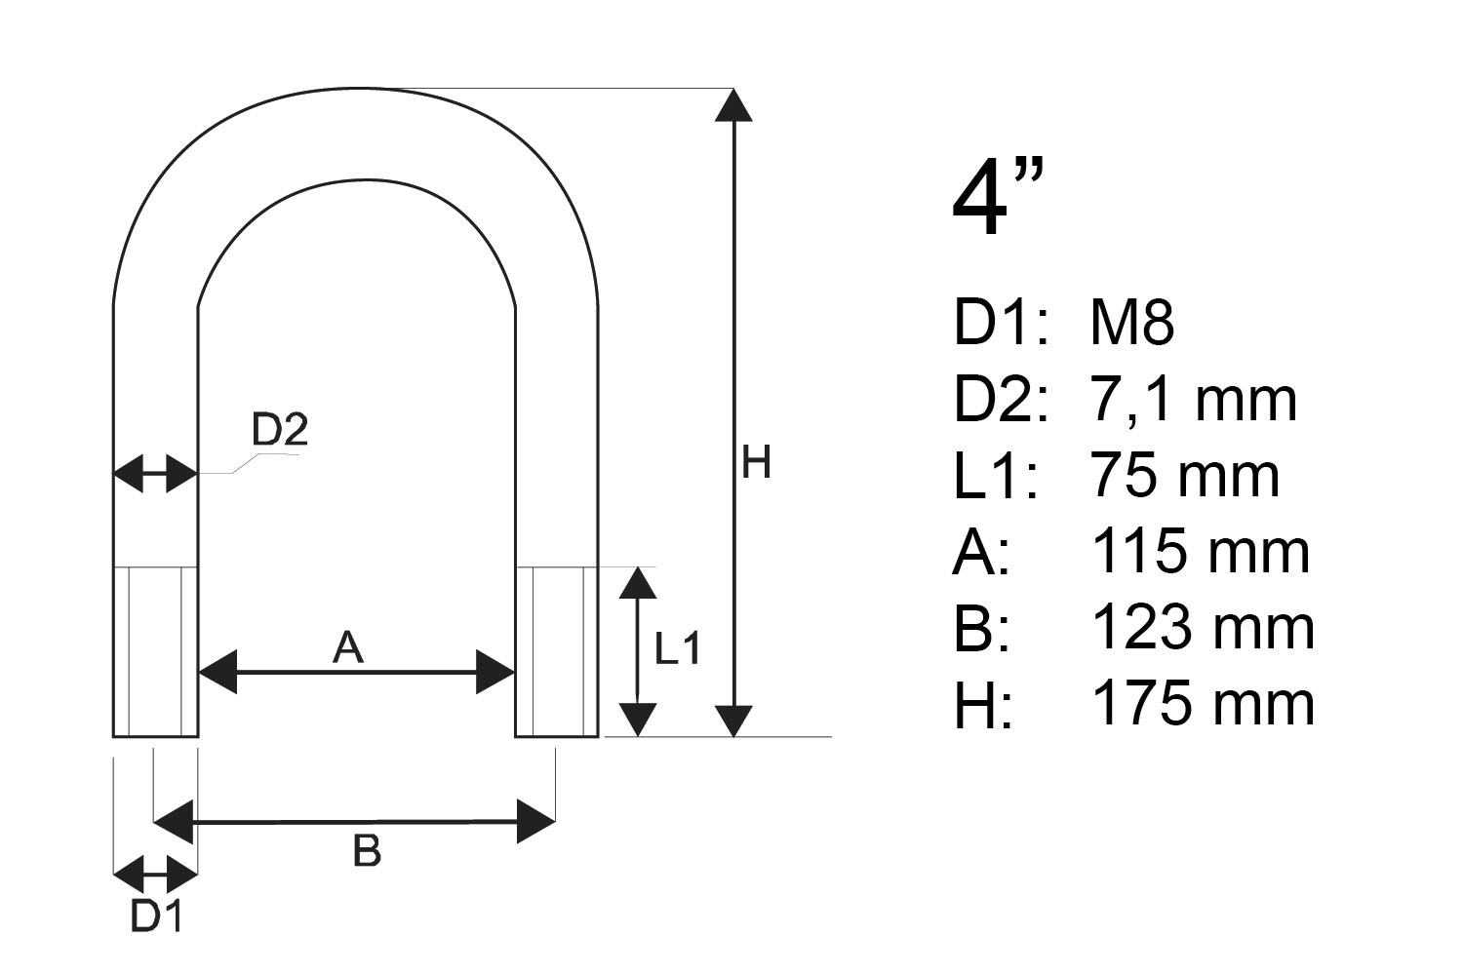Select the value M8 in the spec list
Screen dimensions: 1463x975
[1131, 322]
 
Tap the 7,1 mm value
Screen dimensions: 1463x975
[1193, 400]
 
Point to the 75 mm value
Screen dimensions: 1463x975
[1184, 476]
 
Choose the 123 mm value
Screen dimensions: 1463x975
[1203, 628]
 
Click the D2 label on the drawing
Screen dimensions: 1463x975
[280, 429]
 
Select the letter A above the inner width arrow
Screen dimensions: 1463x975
[348, 648]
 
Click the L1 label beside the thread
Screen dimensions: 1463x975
[677, 648]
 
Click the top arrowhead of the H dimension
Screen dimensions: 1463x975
[733, 105]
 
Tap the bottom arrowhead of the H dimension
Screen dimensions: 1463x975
[733, 721]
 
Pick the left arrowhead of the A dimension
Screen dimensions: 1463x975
[217, 672]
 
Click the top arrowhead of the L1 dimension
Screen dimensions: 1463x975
[638, 582]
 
